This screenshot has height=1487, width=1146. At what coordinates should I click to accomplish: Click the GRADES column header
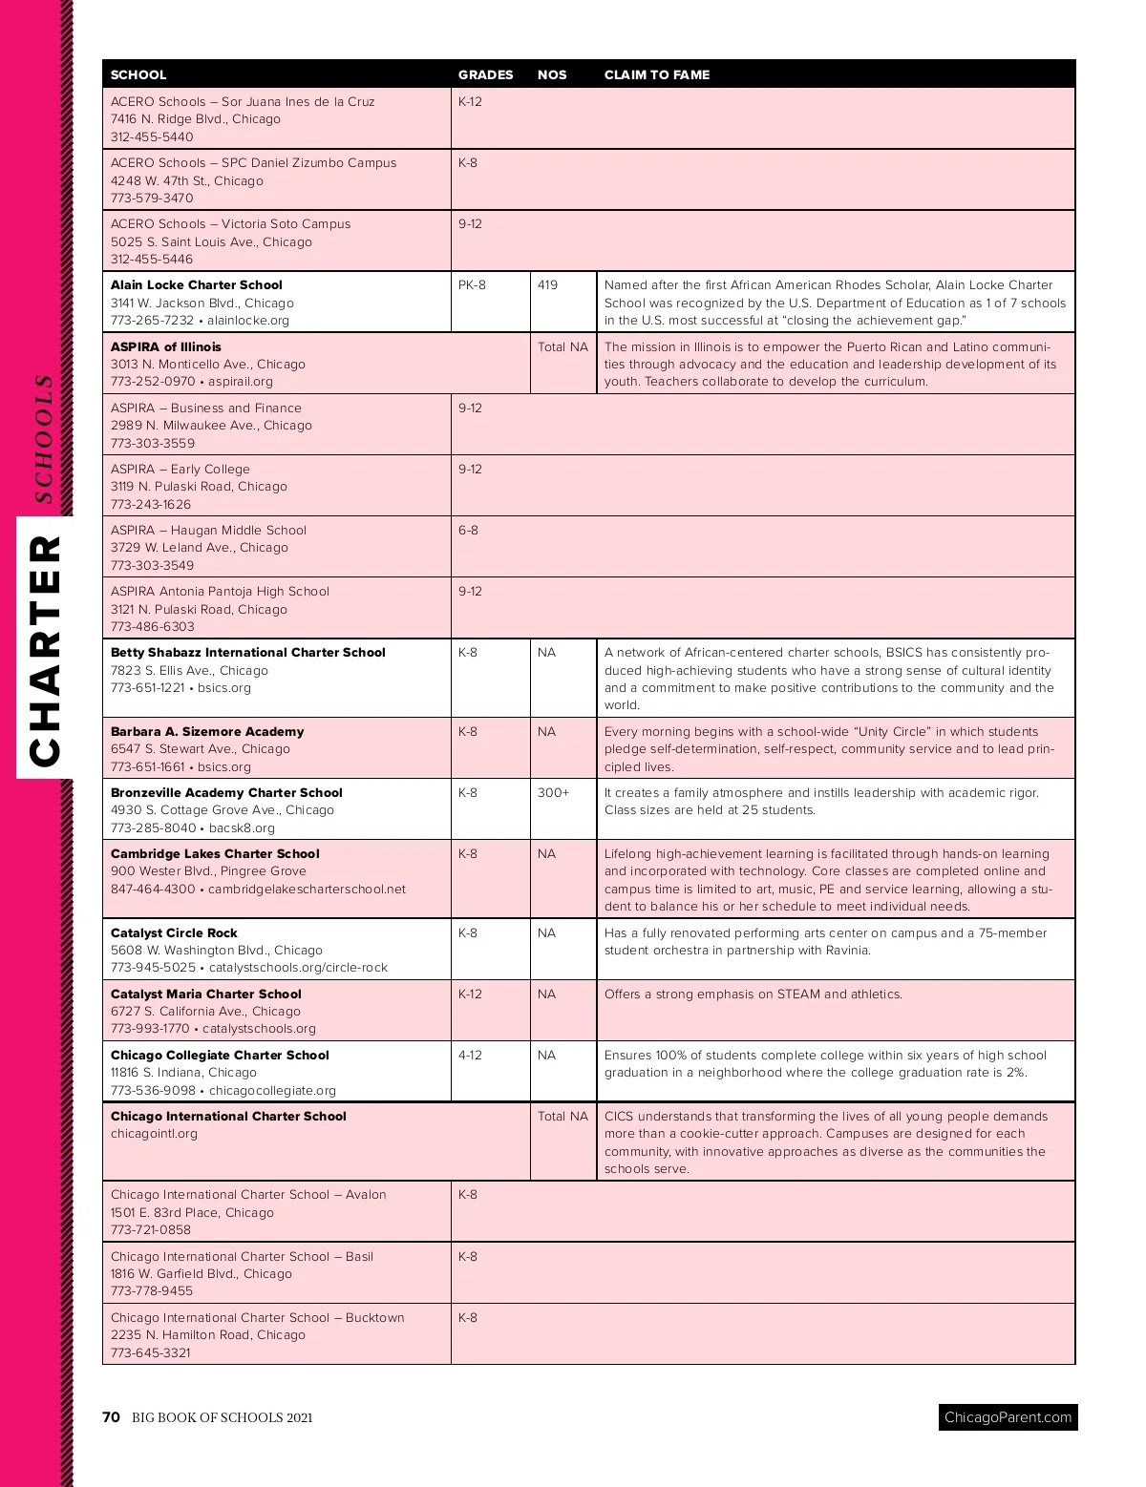(485, 74)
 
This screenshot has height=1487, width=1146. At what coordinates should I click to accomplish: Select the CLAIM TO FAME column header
(656, 74)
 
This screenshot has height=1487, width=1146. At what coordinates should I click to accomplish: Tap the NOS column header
(552, 74)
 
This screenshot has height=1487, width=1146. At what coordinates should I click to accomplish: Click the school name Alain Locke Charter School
(197, 284)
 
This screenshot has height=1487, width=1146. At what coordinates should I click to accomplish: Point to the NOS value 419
(547, 284)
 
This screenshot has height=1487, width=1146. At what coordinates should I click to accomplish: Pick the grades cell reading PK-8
(472, 284)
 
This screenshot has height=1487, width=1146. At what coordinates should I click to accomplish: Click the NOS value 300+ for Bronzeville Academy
(553, 792)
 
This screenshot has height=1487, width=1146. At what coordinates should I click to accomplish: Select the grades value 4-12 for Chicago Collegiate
(470, 1055)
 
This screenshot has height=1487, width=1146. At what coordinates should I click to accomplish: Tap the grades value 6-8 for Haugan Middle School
(468, 530)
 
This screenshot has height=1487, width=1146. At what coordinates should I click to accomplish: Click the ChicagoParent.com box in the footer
(1008, 1417)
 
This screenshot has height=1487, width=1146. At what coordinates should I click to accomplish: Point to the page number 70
(111, 1417)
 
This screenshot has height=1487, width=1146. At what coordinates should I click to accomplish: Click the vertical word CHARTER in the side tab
(45, 650)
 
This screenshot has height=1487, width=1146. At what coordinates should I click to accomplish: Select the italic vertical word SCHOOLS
(43, 438)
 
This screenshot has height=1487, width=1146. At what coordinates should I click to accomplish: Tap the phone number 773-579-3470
(152, 199)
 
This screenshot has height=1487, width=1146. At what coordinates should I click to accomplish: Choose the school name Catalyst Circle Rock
(174, 932)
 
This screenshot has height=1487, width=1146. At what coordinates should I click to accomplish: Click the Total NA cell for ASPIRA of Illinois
(562, 346)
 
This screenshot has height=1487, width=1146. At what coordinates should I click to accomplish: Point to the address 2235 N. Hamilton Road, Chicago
(208, 1334)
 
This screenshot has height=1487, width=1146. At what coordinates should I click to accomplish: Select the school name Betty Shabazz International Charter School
(248, 652)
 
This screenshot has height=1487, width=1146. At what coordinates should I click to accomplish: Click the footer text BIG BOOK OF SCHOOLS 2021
(223, 1417)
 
